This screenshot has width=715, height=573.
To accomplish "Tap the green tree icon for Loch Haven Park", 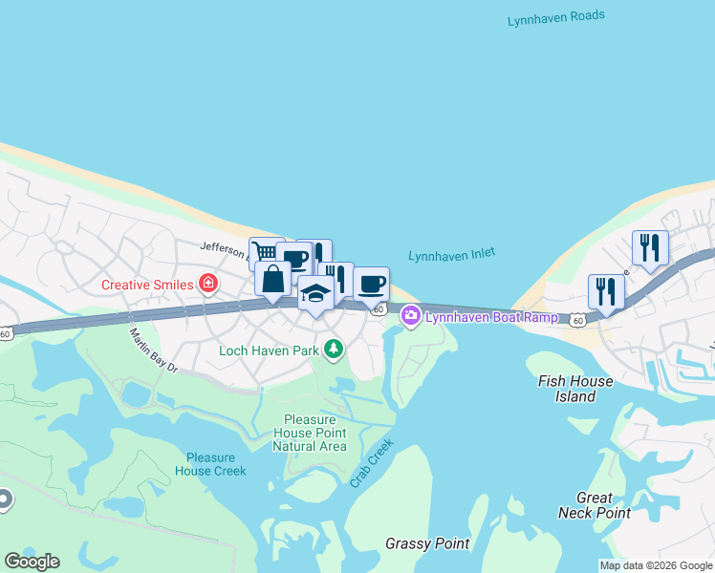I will pyautogui.click(x=334, y=350).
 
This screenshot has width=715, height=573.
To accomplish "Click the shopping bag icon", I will pyautogui.click(x=273, y=280).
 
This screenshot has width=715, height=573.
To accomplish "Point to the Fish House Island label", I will pyautogui.click(x=575, y=389).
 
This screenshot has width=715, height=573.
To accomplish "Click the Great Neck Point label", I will pyautogui.click(x=595, y=505).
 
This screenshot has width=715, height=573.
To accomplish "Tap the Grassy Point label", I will pyautogui.click(x=427, y=543).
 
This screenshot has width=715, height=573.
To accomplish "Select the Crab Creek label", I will pyautogui.click(x=371, y=463).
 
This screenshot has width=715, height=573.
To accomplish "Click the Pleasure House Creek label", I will pyautogui.click(x=211, y=464).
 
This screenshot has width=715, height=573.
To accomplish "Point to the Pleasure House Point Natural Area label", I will pyautogui.click(x=309, y=433).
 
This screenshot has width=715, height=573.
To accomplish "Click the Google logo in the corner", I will pyautogui.click(x=32, y=561).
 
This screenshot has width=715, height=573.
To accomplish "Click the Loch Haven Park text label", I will pyautogui.click(x=268, y=350).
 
